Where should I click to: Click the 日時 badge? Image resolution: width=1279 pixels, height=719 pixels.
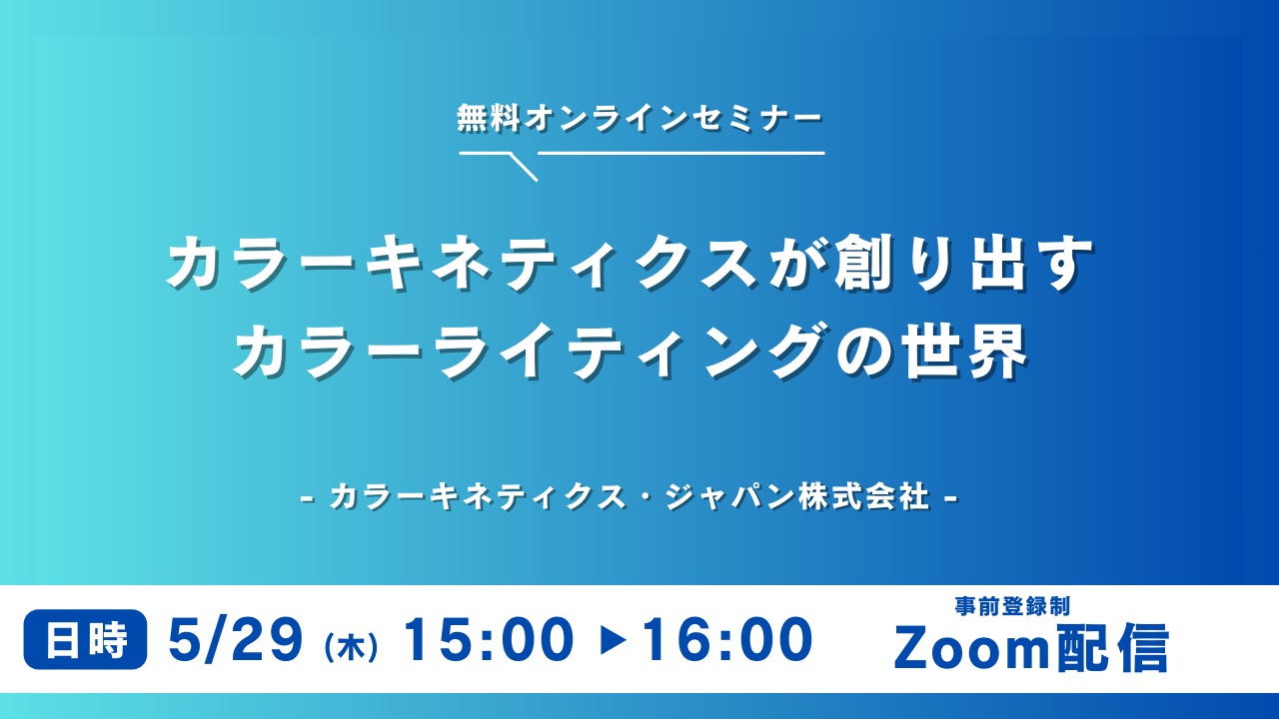pos(85,640)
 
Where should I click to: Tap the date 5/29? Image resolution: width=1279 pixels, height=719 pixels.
pos(236,640)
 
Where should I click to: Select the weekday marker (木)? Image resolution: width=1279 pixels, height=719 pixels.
pos(351,648)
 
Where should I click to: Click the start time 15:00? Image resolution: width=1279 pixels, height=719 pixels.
pos(489,640)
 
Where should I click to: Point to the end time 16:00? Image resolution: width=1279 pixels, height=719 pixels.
pos(726,640)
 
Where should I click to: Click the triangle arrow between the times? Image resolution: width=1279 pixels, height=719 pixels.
pos(614,641)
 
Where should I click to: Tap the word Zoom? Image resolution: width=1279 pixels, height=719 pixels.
pos(971,648)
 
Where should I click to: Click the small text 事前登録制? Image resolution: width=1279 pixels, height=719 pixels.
pos(1012,606)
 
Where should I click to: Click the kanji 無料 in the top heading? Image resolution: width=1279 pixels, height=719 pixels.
pos(489,119)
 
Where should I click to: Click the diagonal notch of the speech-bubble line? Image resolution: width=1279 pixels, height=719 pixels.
pos(523,167)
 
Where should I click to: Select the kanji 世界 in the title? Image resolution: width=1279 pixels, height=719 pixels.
pos(964,351)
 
